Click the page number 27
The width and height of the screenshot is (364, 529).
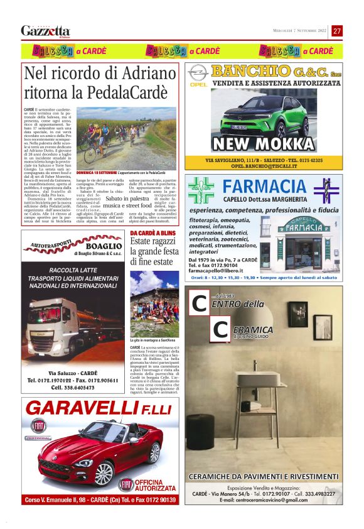click(337, 31)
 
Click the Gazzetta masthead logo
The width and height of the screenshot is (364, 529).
click(45, 31)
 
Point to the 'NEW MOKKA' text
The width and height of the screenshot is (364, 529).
click(264, 144)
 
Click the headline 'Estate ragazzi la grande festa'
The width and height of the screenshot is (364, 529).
click(154, 246)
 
